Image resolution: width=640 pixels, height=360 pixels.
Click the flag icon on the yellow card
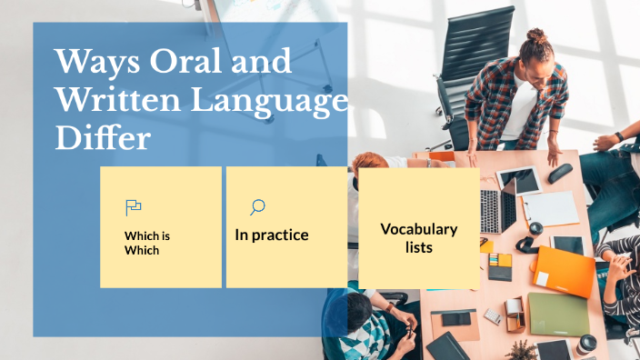point(133,206)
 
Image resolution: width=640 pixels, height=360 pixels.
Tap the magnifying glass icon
point(257,207)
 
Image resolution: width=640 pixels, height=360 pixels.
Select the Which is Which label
point(147,243)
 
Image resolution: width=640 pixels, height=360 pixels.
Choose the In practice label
point(272,235)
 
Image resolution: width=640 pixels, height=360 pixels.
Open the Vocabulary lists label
point(418,237)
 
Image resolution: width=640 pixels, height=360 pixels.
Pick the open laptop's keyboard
point(492,212)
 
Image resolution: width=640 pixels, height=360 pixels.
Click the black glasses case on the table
point(560,172)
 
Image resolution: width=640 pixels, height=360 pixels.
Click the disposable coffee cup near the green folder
point(587,344)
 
